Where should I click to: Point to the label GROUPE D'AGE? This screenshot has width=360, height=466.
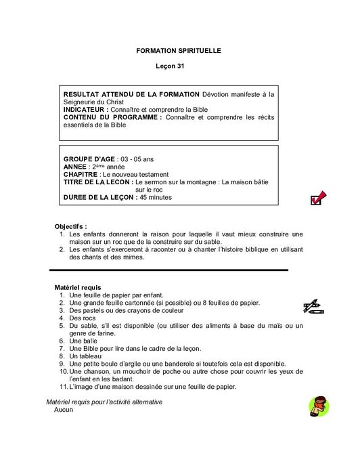pyautogui.click(x=89, y=158)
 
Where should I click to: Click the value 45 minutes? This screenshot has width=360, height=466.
pyautogui.click(x=156, y=198)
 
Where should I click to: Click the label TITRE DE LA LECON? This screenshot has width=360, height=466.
pyautogui.click(x=97, y=182)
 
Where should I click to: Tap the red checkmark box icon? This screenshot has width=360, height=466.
pyautogui.click(x=317, y=198)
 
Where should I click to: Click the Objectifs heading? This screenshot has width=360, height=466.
pyautogui.click(x=71, y=226)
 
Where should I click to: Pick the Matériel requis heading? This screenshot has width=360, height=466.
pyautogui.click(x=78, y=288)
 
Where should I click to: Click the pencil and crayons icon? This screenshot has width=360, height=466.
pyautogui.click(x=313, y=307)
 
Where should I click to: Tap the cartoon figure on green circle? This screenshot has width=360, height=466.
pyautogui.click(x=318, y=407)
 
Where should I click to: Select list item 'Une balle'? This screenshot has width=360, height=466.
pyautogui.click(x=84, y=341)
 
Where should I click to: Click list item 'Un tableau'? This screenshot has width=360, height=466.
pyautogui.click(x=86, y=356)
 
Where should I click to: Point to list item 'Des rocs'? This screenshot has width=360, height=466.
pyautogui.click(x=84, y=318)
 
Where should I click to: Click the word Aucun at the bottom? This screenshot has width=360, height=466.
pyautogui.click(x=64, y=410)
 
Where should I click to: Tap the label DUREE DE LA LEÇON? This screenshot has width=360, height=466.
pyautogui.click(x=99, y=198)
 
